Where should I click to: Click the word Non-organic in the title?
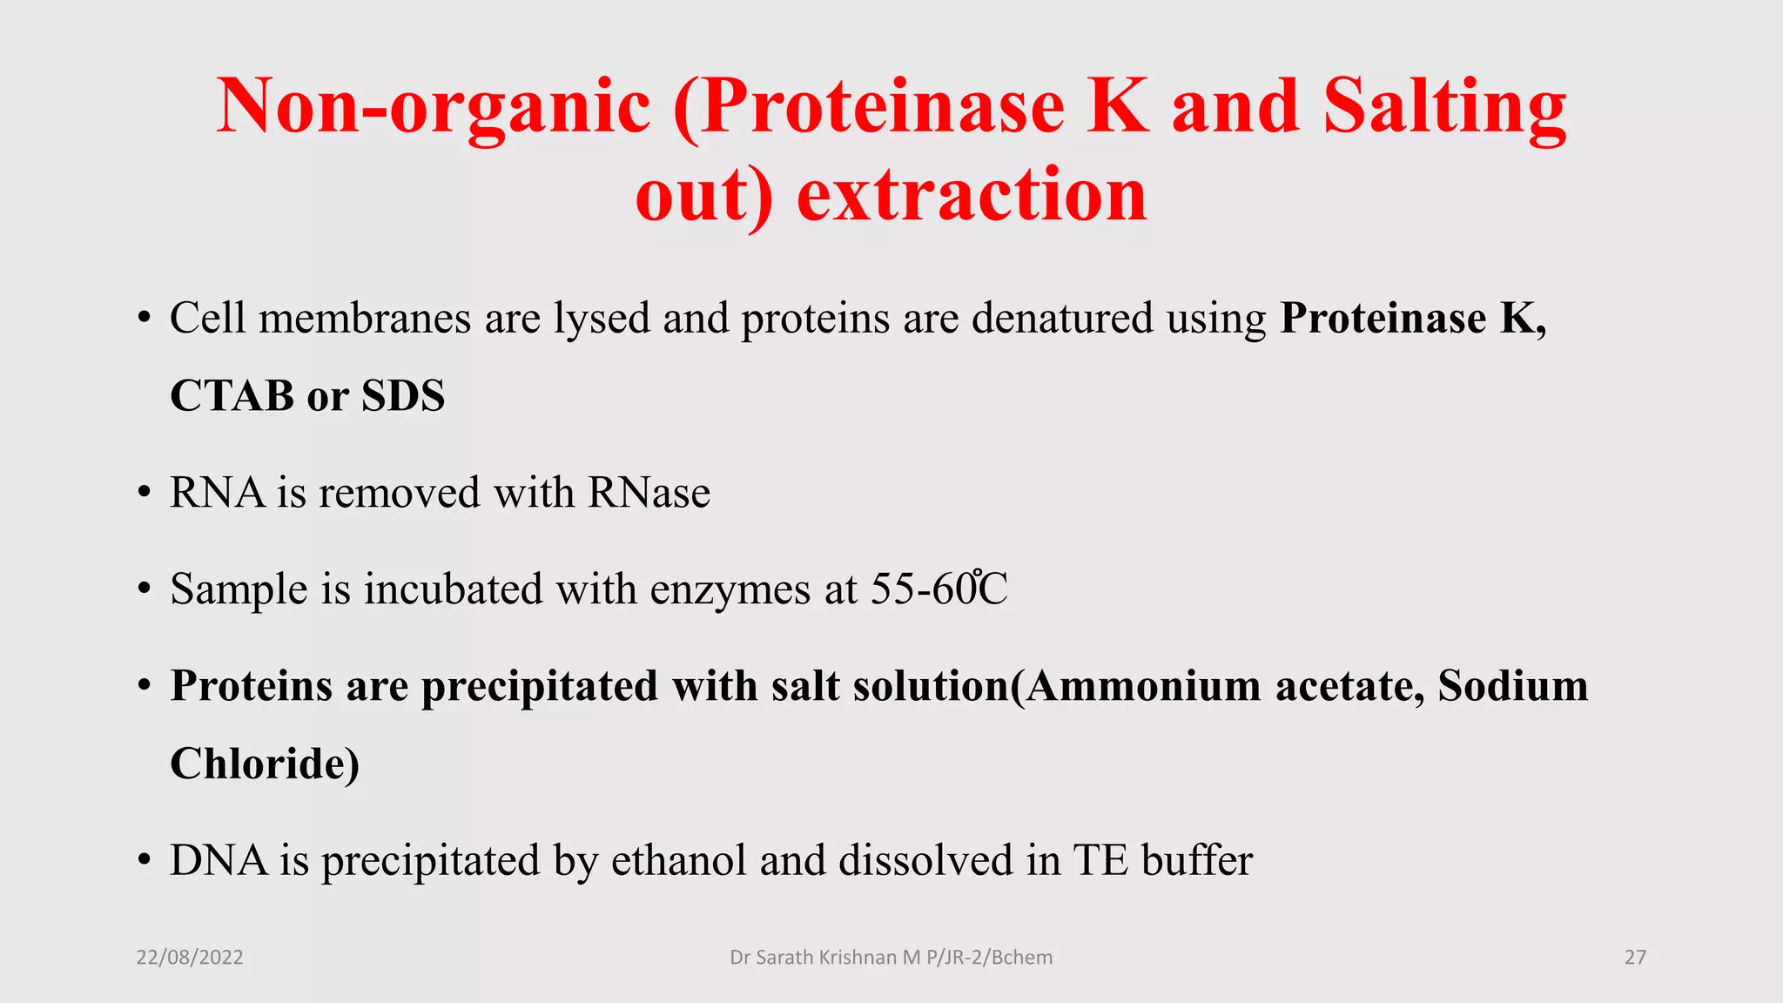click(434, 106)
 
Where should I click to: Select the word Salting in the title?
click(1444, 106)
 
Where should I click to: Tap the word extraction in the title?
click(972, 195)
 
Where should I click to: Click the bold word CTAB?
click(232, 396)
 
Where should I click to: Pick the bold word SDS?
click(403, 396)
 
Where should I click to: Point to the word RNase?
click(649, 493)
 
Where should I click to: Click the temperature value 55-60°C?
click(939, 589)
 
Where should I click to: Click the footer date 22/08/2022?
click(190, 958)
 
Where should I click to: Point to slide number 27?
click(1635, 958)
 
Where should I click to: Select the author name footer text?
click(891, 958)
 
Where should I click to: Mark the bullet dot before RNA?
click(145, 494)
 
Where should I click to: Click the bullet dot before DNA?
click(145, 861)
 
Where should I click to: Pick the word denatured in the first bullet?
click(1062, 318)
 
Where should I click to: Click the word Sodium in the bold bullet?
click(1512, 685)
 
